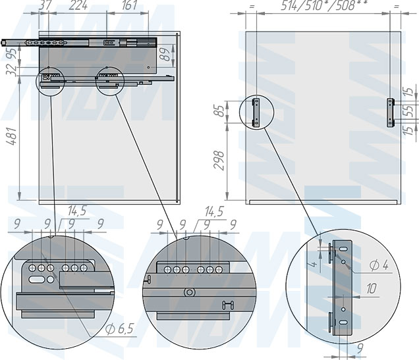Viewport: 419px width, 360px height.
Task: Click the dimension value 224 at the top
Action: pyautogui.click(x=78, y=5)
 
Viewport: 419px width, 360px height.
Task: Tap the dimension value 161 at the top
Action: pyautogui.click(x=129, y=5)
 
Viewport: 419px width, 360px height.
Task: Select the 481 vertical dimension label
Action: pyautogui.click(x=12, y=136)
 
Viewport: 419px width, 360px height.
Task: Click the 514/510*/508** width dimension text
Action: pyautogui.click(x=324, y=5)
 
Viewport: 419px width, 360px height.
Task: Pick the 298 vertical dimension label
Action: pyautogui.click(x=219, y=160)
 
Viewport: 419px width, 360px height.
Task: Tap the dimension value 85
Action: pyautogui.click(x=219, y=111)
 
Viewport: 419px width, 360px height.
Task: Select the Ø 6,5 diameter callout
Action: pyautogui.click(x=119, y=329)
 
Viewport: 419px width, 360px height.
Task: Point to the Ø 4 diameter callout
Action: pyautogui.click(x=379, y=265)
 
